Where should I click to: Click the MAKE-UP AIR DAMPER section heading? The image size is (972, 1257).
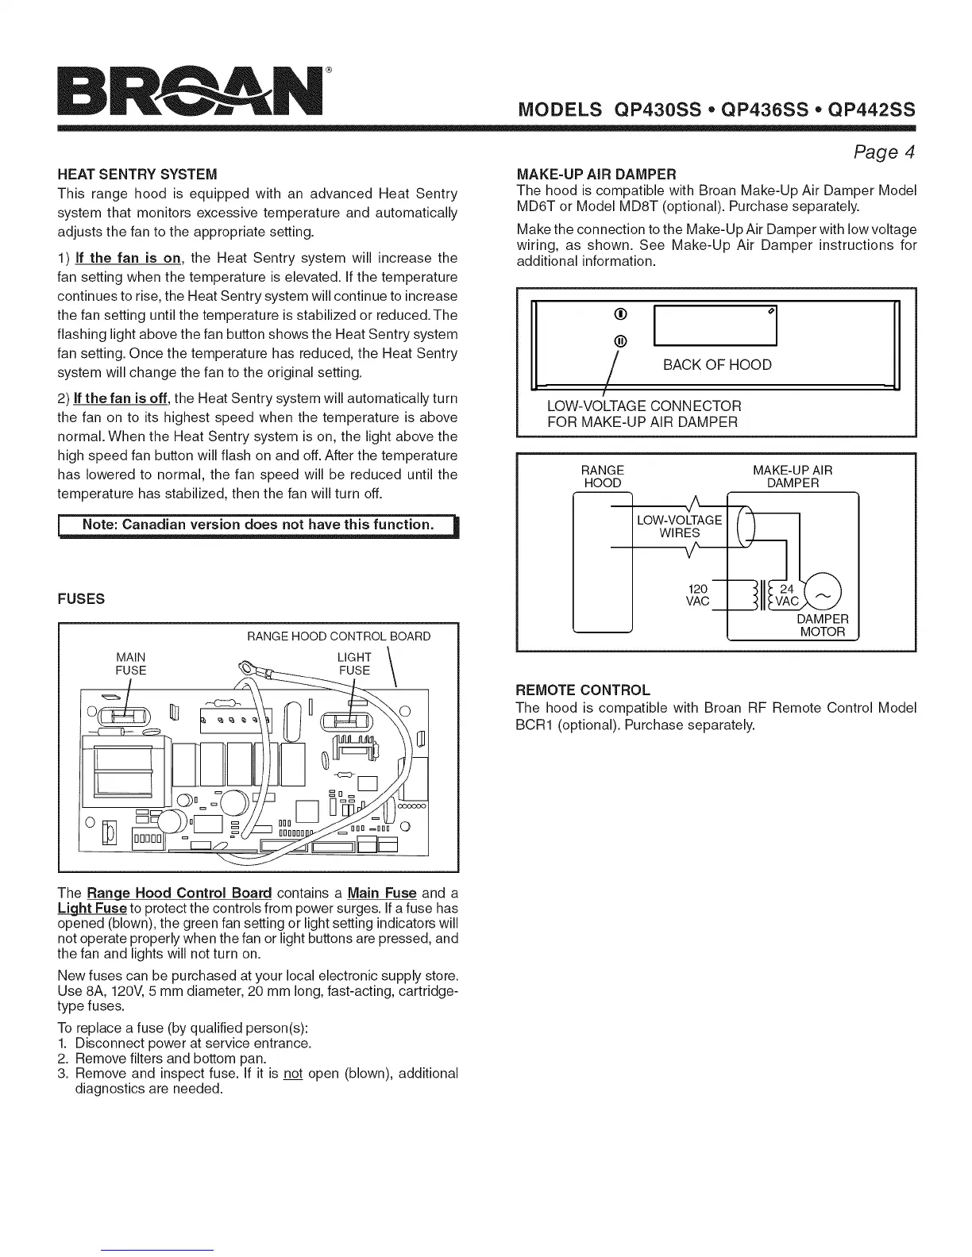point(596,174)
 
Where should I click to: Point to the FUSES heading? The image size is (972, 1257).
point(81,599)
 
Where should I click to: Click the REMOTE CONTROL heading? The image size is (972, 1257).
point(582,689)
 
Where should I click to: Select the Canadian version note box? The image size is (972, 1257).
point(258,525)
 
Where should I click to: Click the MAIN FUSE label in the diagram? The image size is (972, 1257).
point(131,663)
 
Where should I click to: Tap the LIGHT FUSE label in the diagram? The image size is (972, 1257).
point(354,663)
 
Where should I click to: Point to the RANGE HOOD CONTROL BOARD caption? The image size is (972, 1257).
point(339,636)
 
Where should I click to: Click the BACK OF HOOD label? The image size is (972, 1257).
point(717,365)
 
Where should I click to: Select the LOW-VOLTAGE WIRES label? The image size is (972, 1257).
point(679,526)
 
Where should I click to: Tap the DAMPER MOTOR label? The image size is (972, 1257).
point(822,625)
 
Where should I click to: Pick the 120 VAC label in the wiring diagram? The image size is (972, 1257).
point(697,595)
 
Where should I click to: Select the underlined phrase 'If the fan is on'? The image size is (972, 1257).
point(128,258)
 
